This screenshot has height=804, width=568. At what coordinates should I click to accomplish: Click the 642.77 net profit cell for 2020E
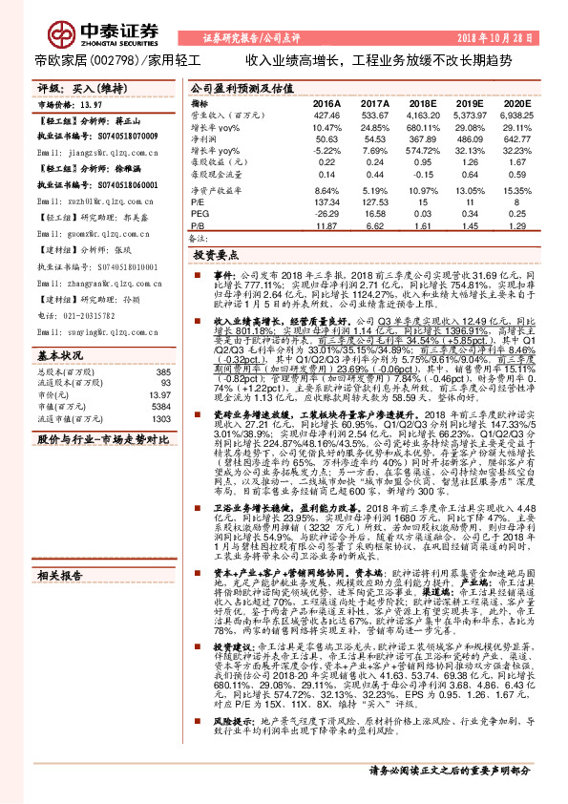pos(515,138)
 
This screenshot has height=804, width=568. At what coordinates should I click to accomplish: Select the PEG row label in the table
pos(200,216)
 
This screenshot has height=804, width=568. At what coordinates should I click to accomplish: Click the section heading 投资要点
pos(214,256)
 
